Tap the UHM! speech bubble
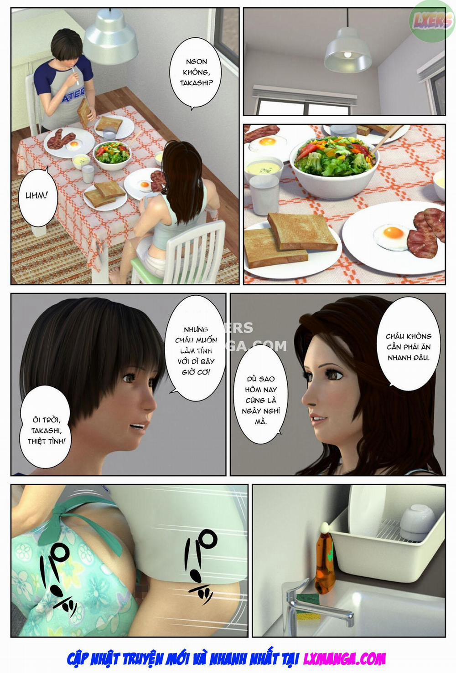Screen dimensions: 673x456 (36, 196)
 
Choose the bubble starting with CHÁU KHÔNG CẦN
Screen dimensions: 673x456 (409, 346)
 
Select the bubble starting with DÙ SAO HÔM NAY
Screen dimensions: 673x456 (261, 400)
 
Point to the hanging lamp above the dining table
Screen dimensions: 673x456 (111, 37)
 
